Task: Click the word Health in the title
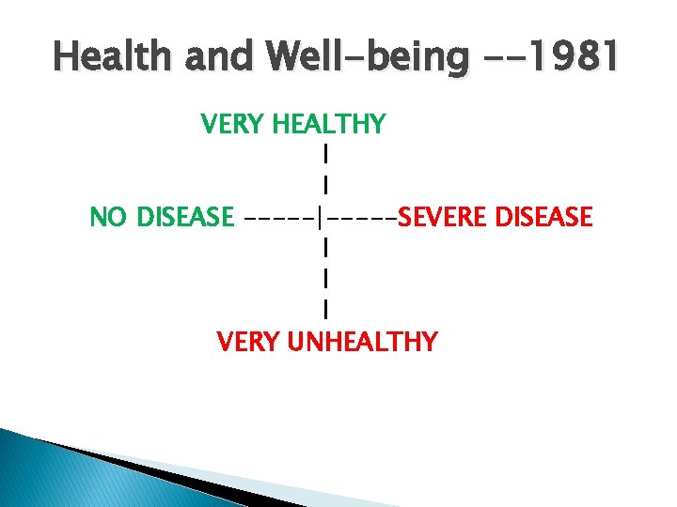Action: coord(111,58)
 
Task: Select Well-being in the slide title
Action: coord(368,58)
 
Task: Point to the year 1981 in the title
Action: coord(575,58)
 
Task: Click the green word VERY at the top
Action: coord(232,124)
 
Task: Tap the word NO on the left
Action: coord(110,218)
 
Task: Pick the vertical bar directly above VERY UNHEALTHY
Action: coord(324,308)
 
